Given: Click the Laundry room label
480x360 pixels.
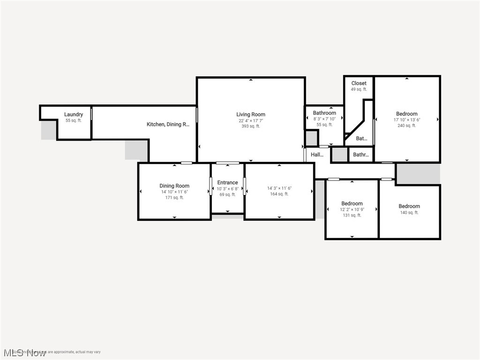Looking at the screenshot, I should (74, 114).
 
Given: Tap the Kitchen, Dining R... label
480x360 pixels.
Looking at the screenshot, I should (168, 124).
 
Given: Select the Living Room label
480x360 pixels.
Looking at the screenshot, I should (251, 114).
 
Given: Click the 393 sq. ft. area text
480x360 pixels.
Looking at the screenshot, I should (251, 126).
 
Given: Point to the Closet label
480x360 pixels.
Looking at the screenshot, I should (359, 83).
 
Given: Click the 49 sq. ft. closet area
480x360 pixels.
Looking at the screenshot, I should (359, 90).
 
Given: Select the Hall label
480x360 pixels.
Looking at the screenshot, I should (317, 154).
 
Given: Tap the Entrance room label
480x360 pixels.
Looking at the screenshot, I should (227, 183).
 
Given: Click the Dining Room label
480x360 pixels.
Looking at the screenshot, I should (174, 186).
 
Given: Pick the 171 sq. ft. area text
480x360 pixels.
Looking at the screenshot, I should (174, 197).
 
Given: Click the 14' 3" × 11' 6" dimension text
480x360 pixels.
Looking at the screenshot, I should (279, 188).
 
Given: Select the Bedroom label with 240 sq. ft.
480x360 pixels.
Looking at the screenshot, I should (406, 114).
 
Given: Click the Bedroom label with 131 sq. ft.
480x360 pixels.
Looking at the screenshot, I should (352, 203).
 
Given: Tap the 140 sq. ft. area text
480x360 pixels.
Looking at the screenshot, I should (409, 212).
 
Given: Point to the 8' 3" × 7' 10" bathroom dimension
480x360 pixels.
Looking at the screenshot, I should (324, 119).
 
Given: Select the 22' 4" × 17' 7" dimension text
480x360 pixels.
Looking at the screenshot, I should (251, 120).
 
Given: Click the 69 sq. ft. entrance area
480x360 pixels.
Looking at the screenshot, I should (227, 195).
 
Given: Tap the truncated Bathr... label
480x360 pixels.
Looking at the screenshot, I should (361, 155).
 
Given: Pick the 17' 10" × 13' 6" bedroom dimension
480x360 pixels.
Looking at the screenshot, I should (406, 120).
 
